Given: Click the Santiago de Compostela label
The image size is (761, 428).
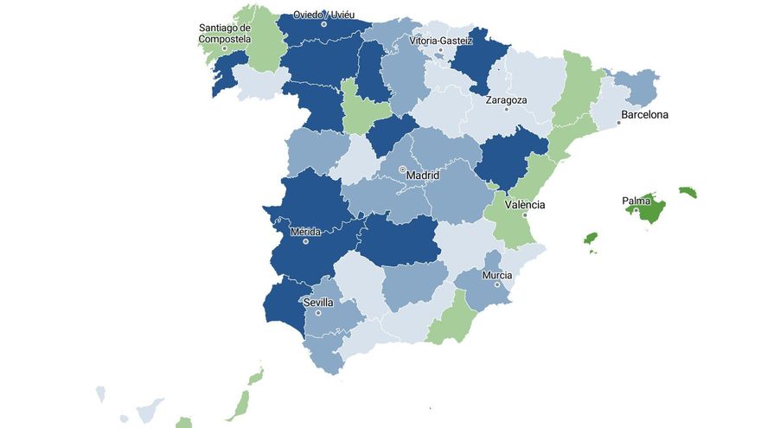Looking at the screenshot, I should pos(225,33).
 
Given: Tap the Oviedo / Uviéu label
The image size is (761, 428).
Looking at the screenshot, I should pos(324,15).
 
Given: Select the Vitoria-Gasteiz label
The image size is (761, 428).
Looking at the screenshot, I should pos(441,40).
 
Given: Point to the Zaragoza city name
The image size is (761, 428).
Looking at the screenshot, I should pos(507,99).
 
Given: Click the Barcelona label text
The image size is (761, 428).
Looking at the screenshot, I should pos(645,114).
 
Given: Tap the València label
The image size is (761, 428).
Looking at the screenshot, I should pos(525,205).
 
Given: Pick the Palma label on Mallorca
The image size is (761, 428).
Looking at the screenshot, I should pos(636,201).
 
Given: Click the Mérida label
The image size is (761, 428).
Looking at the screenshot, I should pos(306,232).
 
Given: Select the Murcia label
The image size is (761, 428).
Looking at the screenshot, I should pos(497,275).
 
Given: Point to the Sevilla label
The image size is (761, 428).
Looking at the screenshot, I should pos(318,303).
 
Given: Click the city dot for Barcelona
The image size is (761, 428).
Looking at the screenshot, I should pos(619,123).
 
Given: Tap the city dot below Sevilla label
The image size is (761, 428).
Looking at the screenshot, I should pos(318,312).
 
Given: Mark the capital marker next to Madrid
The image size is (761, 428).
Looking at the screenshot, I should pos(402,169).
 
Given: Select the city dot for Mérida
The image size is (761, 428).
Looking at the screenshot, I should pos(306,241).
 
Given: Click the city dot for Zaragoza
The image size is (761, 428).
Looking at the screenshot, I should pos(507,109).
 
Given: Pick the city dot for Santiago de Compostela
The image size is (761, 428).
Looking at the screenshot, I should pos(224,48).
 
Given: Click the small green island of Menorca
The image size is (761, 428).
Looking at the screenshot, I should pos(687,191).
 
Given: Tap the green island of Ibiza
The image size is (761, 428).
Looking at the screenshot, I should pos(592,238).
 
